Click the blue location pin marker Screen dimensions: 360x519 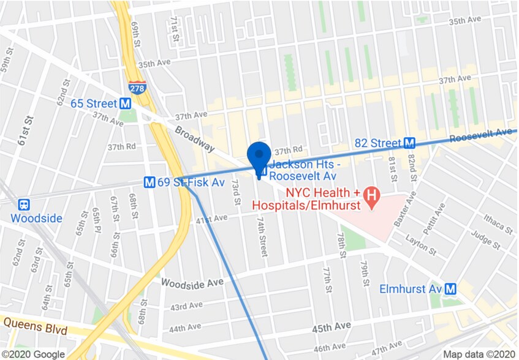259,157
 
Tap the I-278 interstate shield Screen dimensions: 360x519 137,88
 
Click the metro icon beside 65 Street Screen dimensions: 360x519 125,103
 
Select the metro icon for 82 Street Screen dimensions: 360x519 410,143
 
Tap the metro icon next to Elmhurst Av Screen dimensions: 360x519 452,288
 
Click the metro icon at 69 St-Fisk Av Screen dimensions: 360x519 149,182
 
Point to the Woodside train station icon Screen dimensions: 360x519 25,204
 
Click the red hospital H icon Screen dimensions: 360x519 371,196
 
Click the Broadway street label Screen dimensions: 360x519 194,139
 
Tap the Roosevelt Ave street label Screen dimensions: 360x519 480,135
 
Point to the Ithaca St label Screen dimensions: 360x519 498,223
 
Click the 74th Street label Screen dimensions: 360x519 262,236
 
